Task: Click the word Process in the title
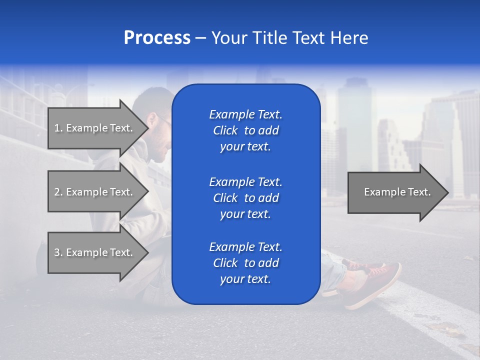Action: click(157, 38)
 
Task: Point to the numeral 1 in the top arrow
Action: click(57, 128)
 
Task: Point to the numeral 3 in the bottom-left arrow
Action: click(57, 252)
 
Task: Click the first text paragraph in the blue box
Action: click(245, 130)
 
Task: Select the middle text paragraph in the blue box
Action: click(245, 198)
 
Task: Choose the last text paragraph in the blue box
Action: click(245, 263)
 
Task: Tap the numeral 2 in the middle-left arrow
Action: click(57, 192)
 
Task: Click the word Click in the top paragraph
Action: click(225, 130)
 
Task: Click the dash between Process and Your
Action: click(200, 38)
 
